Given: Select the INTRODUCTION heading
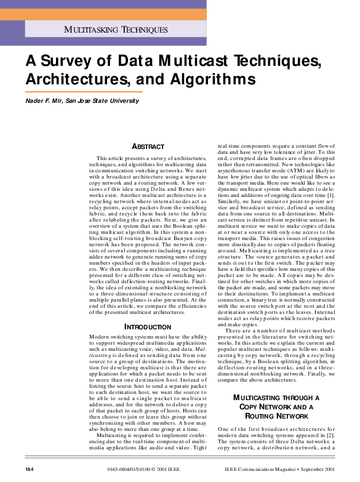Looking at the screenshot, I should point(148,326).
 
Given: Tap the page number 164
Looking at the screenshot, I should point(28,470).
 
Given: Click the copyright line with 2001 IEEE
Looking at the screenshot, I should point(132,470).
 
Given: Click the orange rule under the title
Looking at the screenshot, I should point(84,91).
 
